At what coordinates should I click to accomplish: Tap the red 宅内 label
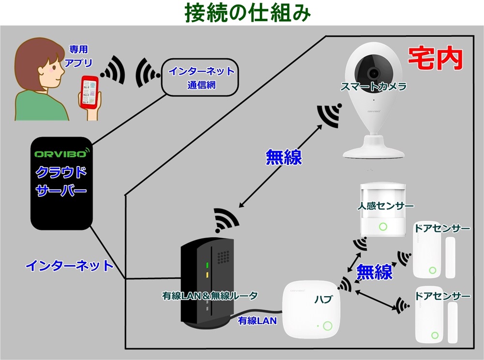[434, 59]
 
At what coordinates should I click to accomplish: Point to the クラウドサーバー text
[61, 181]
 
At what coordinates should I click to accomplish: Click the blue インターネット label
[69, 265]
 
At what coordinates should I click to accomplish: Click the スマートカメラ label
[373, 87]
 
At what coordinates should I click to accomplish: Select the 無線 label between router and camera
[284, 157]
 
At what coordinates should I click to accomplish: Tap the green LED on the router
[207, 265]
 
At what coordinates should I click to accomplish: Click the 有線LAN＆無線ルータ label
[210, 295]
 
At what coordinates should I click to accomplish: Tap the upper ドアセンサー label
[442, 228]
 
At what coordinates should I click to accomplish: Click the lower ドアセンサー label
[443, 296]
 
